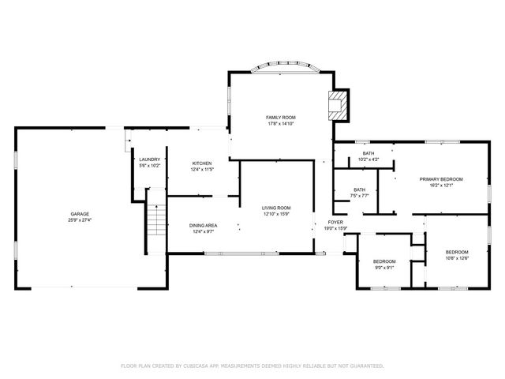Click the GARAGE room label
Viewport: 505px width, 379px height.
pos(80,214)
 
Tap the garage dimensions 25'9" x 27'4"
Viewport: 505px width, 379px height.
pos(80,220)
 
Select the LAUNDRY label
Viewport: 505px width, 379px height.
pos(150,159)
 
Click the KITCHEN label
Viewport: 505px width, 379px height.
pos(202,163)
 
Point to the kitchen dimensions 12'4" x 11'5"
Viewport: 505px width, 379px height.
pos(202,170)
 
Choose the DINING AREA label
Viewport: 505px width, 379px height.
pos(203,226)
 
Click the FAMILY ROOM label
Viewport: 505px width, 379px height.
pos(280,117)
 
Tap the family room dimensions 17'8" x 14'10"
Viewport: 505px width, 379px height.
pos(280,123)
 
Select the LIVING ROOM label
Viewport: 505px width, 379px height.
pos(277,208)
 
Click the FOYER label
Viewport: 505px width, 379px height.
pos(335,223)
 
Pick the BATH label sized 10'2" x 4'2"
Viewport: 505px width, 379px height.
pos(368,153)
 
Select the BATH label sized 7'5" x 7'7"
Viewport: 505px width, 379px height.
pos(360,189)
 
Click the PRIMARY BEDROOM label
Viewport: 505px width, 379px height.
pos(441,179)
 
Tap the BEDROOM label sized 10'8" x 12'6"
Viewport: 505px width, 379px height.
pos(457,252)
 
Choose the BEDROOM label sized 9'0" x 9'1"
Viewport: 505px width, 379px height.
pos(384,261)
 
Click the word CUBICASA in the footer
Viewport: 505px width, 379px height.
pos(196,366)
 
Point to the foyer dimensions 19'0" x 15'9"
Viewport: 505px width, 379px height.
pos(335,229)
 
